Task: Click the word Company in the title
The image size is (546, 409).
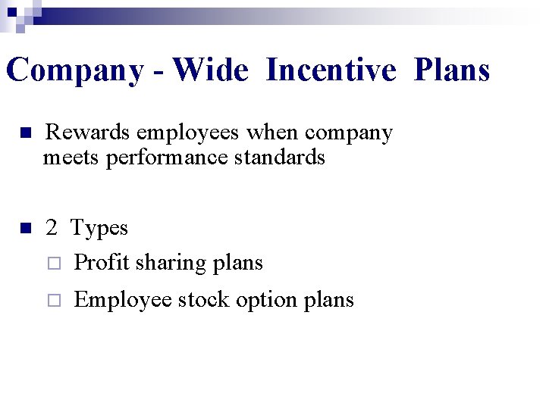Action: point(74,71)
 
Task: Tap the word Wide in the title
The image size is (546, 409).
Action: point(210,71)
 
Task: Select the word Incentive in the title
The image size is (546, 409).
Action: point(331,71)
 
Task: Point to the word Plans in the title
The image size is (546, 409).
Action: point(452,71)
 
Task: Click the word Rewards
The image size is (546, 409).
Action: point(87,133)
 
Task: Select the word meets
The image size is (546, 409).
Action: point(72,158)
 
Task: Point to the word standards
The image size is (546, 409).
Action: point(280,158)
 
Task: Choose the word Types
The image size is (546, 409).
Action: point(99,229)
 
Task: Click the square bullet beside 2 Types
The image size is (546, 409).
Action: point(24,228)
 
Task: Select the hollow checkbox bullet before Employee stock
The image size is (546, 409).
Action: point(52,301)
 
